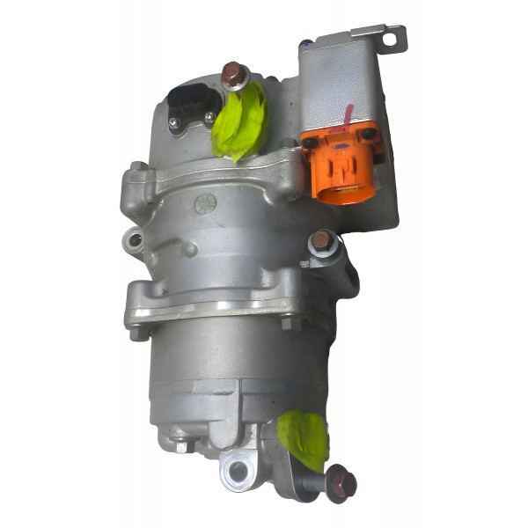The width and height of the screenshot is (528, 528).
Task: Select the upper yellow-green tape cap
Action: pyautogui.click(x=238, y=122)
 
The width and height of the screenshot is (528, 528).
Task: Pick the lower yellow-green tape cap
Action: pyautogui.click(x=303, y=439)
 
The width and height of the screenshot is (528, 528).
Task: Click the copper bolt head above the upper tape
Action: pyautogui.click(x=232, y=75)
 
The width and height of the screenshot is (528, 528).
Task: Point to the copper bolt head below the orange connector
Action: pyautogui.click(x=321, y=240)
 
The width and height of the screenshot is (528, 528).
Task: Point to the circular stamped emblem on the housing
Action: pyautogui.click(x=206, y=203)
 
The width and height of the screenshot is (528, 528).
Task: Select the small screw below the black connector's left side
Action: pyautogui.click(x=175, y=125)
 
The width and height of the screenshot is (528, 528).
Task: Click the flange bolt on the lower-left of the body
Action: pyautogui.click(x=137, y=332)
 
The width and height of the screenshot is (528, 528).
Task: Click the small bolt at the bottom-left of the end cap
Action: pyautogui.click(x=183, y=444)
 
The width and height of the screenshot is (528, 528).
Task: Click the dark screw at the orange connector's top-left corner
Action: pyautogui.click(x=309, y=141)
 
